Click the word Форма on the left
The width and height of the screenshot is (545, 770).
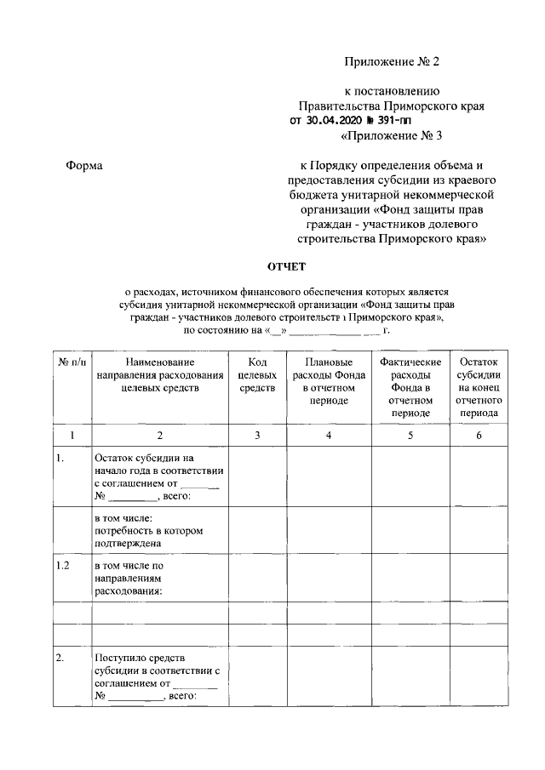click(x=84, y=166)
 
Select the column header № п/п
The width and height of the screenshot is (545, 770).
click(x=72, y=363)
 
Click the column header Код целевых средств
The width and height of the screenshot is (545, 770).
click(x=257, y=375)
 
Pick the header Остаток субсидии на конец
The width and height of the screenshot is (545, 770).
click(x=478, y=387)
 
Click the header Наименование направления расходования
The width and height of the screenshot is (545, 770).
click(x=159, y=375)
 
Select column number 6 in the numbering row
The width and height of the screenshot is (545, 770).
click(x=478, y=436)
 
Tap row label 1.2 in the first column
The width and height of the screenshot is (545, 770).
click(x=63, y=566)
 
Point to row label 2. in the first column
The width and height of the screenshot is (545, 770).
click(x=60, y=658)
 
